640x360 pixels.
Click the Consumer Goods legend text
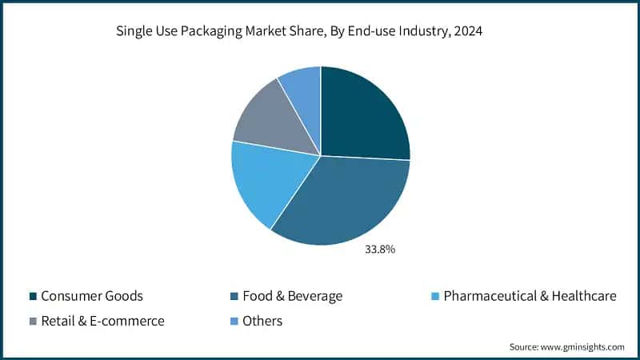click(x=92, y=296)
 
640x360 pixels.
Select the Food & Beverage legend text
click(x=293, y=296)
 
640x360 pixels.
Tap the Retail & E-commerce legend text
click(x=103, y=321)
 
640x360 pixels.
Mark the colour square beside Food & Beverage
click(x=234, y=297)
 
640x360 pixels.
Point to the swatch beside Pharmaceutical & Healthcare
click(x=434, y=297)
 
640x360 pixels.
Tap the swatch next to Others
click(x=234, y=322)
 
